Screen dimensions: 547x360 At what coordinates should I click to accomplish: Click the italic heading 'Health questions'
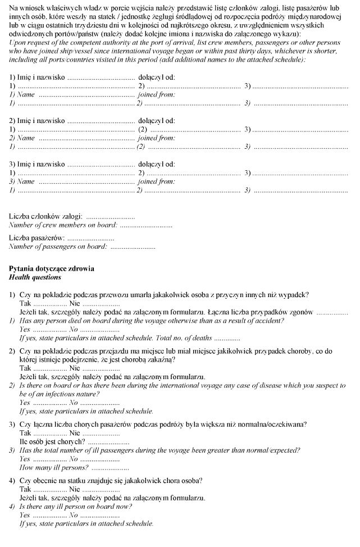tap(35, 277)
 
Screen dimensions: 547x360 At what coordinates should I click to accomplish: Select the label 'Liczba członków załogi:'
tap(46, 216)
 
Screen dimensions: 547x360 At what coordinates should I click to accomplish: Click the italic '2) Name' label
tap(22, 138)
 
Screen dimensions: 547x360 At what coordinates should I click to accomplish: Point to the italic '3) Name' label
tap(22, 181)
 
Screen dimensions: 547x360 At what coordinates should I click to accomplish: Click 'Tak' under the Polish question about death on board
tap(25, 303)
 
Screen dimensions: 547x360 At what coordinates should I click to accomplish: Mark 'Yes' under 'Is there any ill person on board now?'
tap(25, 514)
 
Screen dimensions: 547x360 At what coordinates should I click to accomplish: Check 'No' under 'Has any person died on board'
tap(74, 330)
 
